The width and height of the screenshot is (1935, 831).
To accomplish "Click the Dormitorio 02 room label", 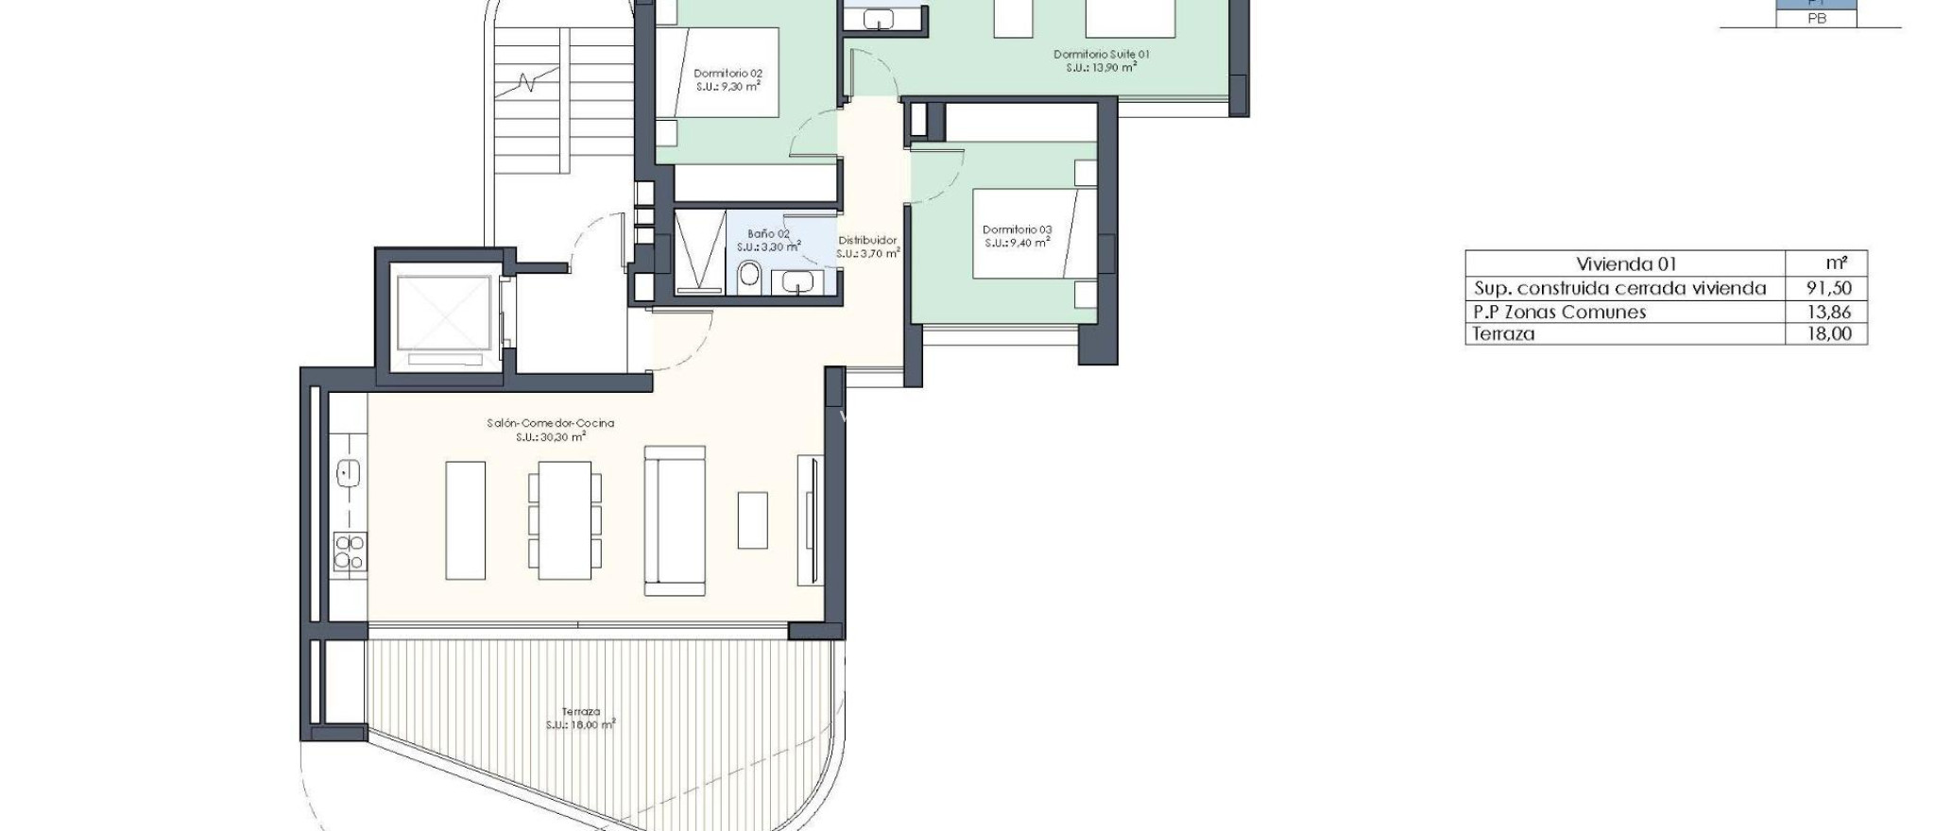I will point(728,74).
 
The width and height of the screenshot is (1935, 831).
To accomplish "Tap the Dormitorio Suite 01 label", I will point(1101,55).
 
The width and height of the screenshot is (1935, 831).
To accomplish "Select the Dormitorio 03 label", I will point(1017,229).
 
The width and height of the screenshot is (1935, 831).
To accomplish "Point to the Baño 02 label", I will point(768,234).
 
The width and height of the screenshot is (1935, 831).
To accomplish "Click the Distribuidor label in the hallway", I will point(867,241).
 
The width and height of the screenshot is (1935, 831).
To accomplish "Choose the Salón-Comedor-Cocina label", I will point(550,423).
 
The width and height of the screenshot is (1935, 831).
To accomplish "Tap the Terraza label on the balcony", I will point(580,712).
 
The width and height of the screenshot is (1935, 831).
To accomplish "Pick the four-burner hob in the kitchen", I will point(350,551).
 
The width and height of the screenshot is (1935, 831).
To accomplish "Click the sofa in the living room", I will point(675,520).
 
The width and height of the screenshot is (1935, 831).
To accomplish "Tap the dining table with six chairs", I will point(564,520).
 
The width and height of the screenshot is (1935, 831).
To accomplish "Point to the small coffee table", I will point(753,519).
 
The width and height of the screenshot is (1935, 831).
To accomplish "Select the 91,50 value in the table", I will point(1827,289).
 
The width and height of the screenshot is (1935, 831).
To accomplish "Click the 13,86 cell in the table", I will point(1827,312).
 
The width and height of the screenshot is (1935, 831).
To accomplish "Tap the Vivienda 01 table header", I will point(1626,264).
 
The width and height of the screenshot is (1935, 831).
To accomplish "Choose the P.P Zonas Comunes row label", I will point(1560,312).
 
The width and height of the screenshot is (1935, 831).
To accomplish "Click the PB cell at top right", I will point(1816,18).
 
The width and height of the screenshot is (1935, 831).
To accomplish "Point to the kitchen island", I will point(465,520).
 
